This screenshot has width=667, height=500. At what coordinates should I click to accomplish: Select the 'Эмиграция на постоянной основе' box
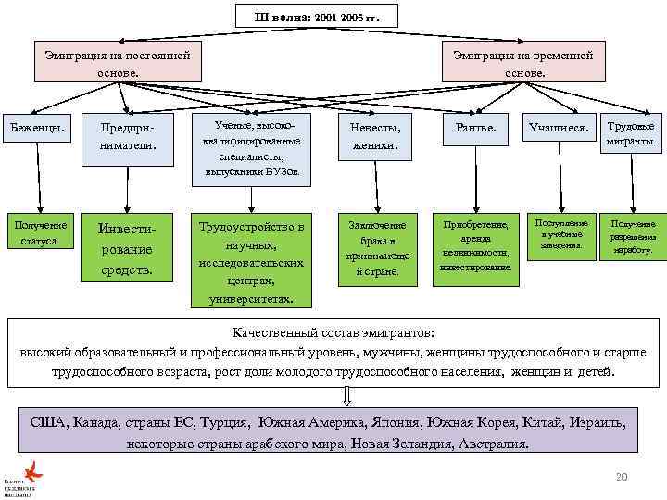pos(118,63)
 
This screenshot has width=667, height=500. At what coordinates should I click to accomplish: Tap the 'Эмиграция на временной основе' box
pos(523,63)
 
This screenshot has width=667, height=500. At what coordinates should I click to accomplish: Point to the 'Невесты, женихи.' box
pos(375,136)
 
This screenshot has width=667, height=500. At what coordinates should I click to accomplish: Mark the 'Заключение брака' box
pos(375,248)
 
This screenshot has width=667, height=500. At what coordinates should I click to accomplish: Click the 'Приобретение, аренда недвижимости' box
pos(475,245)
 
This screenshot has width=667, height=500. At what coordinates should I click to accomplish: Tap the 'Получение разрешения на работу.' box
pos(632,236)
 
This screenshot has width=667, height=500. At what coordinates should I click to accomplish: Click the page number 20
pos(622,476)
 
